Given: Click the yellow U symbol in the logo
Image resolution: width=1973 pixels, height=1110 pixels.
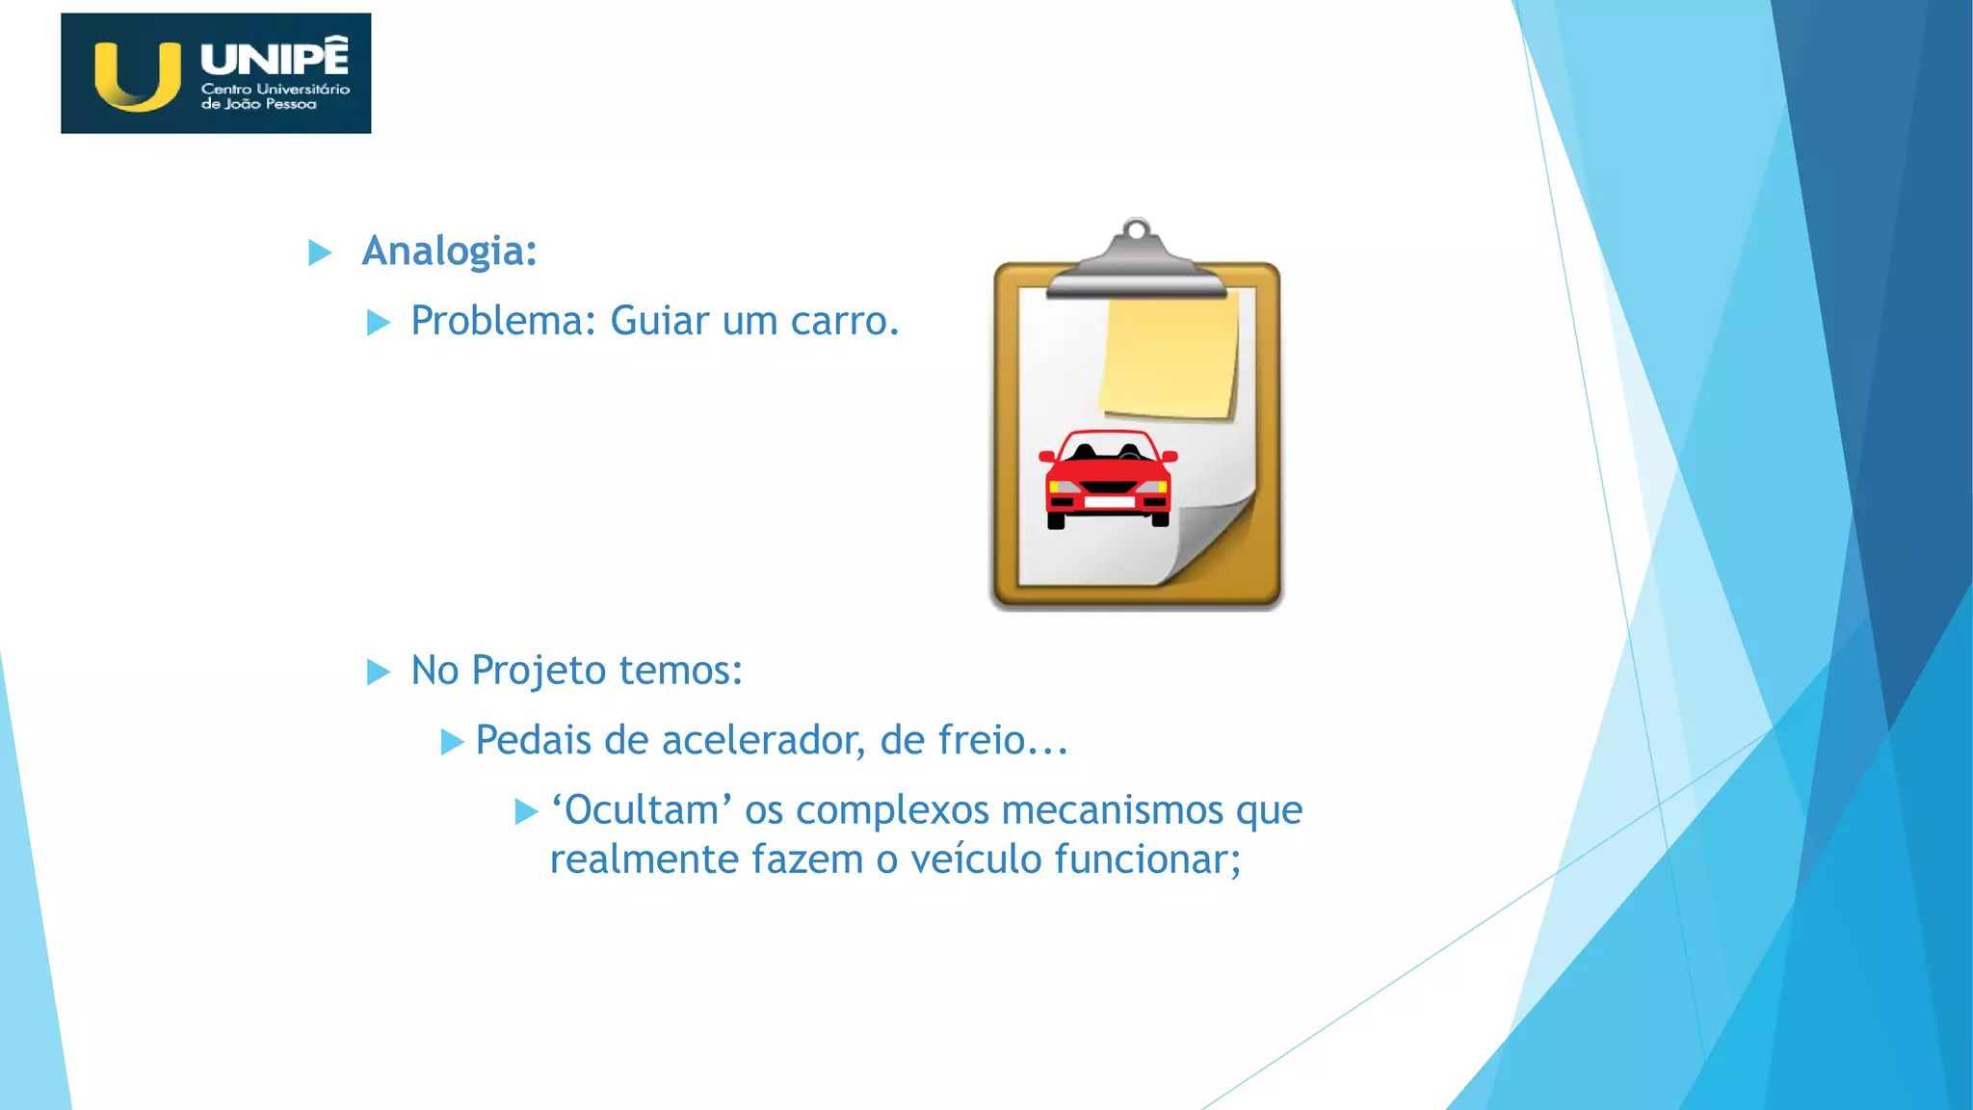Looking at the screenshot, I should (138, 77).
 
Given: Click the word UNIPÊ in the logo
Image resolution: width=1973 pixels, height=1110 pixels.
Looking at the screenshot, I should (275, 58).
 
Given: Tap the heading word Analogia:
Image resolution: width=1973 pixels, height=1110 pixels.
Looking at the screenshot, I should (449, 251).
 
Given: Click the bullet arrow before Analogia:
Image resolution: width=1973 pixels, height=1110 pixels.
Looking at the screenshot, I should (320, 253).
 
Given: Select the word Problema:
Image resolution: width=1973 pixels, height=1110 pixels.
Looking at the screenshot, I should (504, 322).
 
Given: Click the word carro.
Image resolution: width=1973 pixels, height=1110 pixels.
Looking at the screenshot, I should (844, 322).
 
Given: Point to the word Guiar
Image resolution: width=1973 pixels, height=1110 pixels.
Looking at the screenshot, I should (659, 322).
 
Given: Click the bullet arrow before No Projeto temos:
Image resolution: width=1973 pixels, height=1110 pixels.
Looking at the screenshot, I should (379, 672).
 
